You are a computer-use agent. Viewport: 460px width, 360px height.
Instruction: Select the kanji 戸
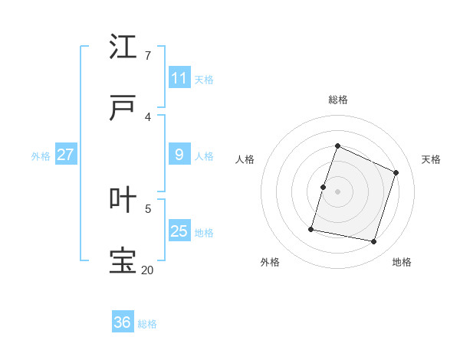[123, 109]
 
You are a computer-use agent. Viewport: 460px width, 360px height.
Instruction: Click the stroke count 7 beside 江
[147, 56]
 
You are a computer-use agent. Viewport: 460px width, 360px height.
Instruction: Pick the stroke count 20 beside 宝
[147, 270]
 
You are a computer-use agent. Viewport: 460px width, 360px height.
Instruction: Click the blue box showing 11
[179, 78]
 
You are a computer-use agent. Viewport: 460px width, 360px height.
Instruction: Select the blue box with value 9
[179, 155]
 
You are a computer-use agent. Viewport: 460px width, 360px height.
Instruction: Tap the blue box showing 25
[179, 231]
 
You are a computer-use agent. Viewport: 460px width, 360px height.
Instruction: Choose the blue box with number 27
[65, 155]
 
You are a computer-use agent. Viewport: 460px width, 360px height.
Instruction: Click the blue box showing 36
[123, 322]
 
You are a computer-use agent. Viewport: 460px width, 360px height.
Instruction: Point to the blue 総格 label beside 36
[148, 324]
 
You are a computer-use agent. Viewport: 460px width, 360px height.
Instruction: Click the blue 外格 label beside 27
[41, 156]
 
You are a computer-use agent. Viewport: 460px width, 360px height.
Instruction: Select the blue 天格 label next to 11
[204, 80]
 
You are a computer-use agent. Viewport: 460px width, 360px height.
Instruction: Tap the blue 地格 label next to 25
[204, 233]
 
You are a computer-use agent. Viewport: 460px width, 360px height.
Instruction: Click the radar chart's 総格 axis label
[338, 100]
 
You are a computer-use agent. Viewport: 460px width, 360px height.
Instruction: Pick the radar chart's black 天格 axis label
[431, 159]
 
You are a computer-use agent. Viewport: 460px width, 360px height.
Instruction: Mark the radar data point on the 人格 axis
[324, 187]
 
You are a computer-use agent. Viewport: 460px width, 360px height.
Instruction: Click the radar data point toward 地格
[373, 241]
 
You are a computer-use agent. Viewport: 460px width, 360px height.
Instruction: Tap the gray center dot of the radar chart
[338, 191]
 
